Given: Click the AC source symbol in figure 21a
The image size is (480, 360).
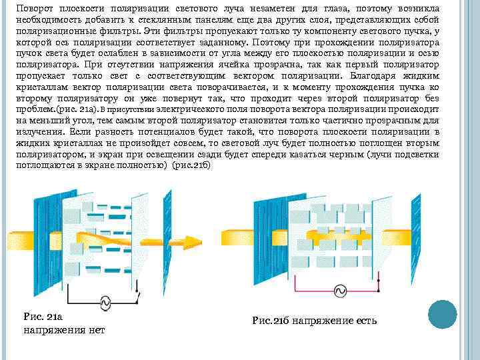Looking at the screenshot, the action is pos(105,302).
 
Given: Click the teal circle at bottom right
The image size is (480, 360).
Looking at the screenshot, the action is pos(441,315).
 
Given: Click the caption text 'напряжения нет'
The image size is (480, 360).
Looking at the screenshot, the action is pos(64,329).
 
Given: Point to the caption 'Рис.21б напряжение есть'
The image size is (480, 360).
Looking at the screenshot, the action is pos(315,321).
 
